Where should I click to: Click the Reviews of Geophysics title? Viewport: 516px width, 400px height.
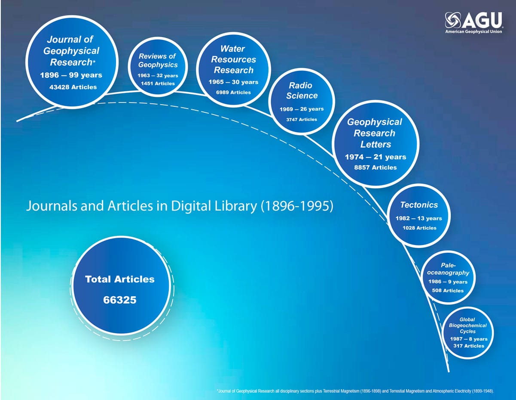pos(158,60)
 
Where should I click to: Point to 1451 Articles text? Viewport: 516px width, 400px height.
pos(158,84)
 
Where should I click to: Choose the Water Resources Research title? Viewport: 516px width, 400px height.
pos(233,59)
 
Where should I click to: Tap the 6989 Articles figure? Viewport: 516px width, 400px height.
pos(233,92)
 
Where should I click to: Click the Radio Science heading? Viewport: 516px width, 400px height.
pos(302,90)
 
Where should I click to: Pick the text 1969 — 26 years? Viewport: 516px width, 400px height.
pos(302,109)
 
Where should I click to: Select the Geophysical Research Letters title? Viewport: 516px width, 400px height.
pos(375,133)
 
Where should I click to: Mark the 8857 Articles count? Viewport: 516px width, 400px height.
pos(375,167)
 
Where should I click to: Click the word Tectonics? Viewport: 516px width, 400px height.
pos(419,205)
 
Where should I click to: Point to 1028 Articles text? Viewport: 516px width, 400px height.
pos(419,228)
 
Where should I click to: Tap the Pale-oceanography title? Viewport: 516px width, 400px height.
pos(448,269)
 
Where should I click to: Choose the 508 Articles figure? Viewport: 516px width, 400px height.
pos(448,291)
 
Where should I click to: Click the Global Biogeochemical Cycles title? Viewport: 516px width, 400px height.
pos(468,326)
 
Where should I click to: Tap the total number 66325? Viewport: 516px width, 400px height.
pos(119,300)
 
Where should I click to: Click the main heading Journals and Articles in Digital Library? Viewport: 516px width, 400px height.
pos(180,205)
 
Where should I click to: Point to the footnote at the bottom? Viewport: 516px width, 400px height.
pos(355,391)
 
